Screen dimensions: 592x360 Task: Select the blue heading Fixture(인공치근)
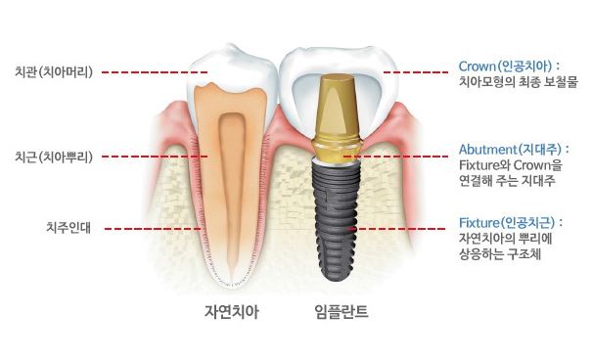[511, 222]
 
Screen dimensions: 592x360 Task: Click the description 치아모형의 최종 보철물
[518, 83]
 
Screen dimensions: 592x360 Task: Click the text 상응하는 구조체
[500, 256]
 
